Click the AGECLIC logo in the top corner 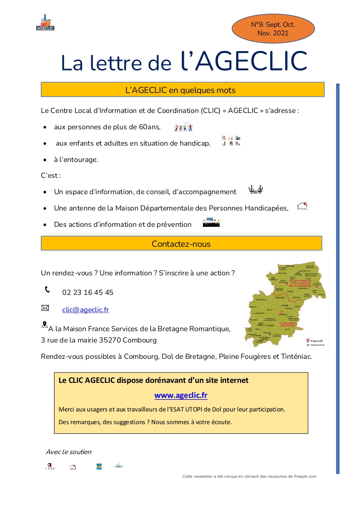point(45,23)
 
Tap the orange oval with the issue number point(273,29)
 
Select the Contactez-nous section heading point(181,244)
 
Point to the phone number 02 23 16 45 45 point(88,293)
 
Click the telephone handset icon point(47,289)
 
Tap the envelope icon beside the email point(45,308)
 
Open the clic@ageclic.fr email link point(85,310)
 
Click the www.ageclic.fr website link point(181,395)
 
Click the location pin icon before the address point(44,324)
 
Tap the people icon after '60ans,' point(183,127)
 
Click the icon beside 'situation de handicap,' point(231,141)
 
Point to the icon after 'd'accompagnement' point(256,190)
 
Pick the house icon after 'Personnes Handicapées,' point(302,206)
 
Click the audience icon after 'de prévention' point(211,223)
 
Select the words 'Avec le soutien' point(69,452)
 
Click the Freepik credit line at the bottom point(249,476)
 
